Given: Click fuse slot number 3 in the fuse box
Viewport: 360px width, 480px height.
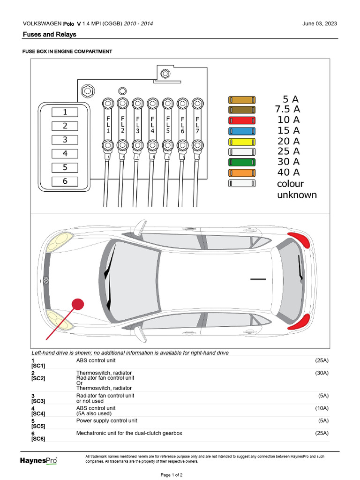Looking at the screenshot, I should (x=65, y=140).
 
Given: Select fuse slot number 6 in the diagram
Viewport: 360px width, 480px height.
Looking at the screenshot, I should (x=65, y=181).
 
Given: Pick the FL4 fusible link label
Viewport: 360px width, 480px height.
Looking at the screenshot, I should (x=152, y=125).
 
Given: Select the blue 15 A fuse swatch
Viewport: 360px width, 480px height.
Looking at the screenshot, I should (x=242, y=131).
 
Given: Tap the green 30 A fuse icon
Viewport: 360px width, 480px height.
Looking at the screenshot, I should (x=242, y=162).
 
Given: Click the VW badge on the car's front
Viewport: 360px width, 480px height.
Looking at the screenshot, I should (x=46, y=281).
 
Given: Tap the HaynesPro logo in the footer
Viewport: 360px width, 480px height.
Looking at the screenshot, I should (x=38, y=461).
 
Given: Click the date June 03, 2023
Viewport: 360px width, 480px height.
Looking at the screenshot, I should (x=320, y=24).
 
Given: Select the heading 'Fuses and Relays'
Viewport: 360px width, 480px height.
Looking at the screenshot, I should (x=49, y=35).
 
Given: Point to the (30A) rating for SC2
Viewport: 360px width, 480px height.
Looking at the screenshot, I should (x=322, y=373).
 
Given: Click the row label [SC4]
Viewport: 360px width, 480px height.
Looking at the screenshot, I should (x=38, y=413).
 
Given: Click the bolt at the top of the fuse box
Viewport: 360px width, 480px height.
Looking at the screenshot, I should (x=165, y=73).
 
